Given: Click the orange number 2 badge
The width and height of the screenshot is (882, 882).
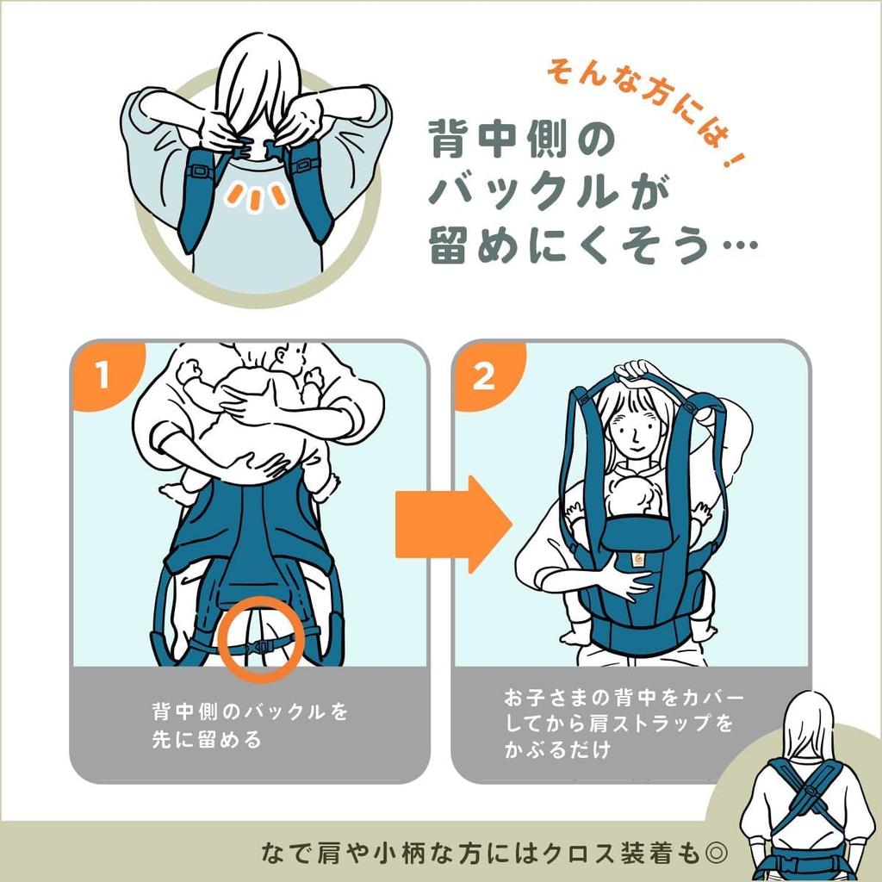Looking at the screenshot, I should (484, 377).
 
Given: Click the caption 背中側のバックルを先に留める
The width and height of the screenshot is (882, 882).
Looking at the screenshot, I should (250, 725).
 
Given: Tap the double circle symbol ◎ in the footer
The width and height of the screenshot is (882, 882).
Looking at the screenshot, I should (717, 852).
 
